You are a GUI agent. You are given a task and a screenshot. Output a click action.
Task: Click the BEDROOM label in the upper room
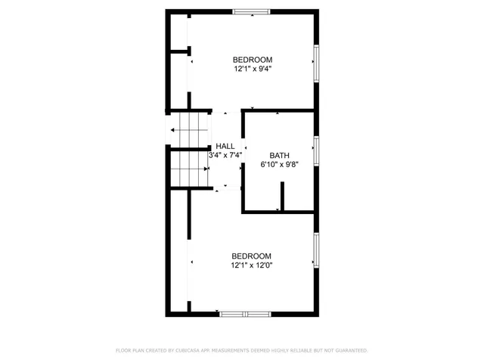(x=252, y=60)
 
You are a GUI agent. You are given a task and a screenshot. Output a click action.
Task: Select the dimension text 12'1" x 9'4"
(x=252, y=69)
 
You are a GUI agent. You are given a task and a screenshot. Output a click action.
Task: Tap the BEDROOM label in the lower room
(x=251, y=256)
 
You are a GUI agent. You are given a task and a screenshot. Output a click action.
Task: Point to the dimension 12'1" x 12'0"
(x=251, y=265)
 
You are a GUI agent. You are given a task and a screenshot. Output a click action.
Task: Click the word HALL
(x=225, y=146)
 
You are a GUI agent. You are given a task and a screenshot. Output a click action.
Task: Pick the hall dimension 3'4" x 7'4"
(x=225, y=155)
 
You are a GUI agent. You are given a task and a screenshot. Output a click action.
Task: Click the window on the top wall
(x=251, y=11)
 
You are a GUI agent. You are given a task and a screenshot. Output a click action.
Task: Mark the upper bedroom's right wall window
(x=316, y=62)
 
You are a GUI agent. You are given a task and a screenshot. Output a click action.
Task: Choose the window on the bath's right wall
(x=316, y=150)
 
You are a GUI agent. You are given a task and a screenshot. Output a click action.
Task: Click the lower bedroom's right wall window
(x=316, y=250)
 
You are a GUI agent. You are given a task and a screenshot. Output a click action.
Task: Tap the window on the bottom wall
(x=244, y=313)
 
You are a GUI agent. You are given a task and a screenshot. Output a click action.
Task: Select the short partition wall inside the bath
(x=282, y=198)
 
